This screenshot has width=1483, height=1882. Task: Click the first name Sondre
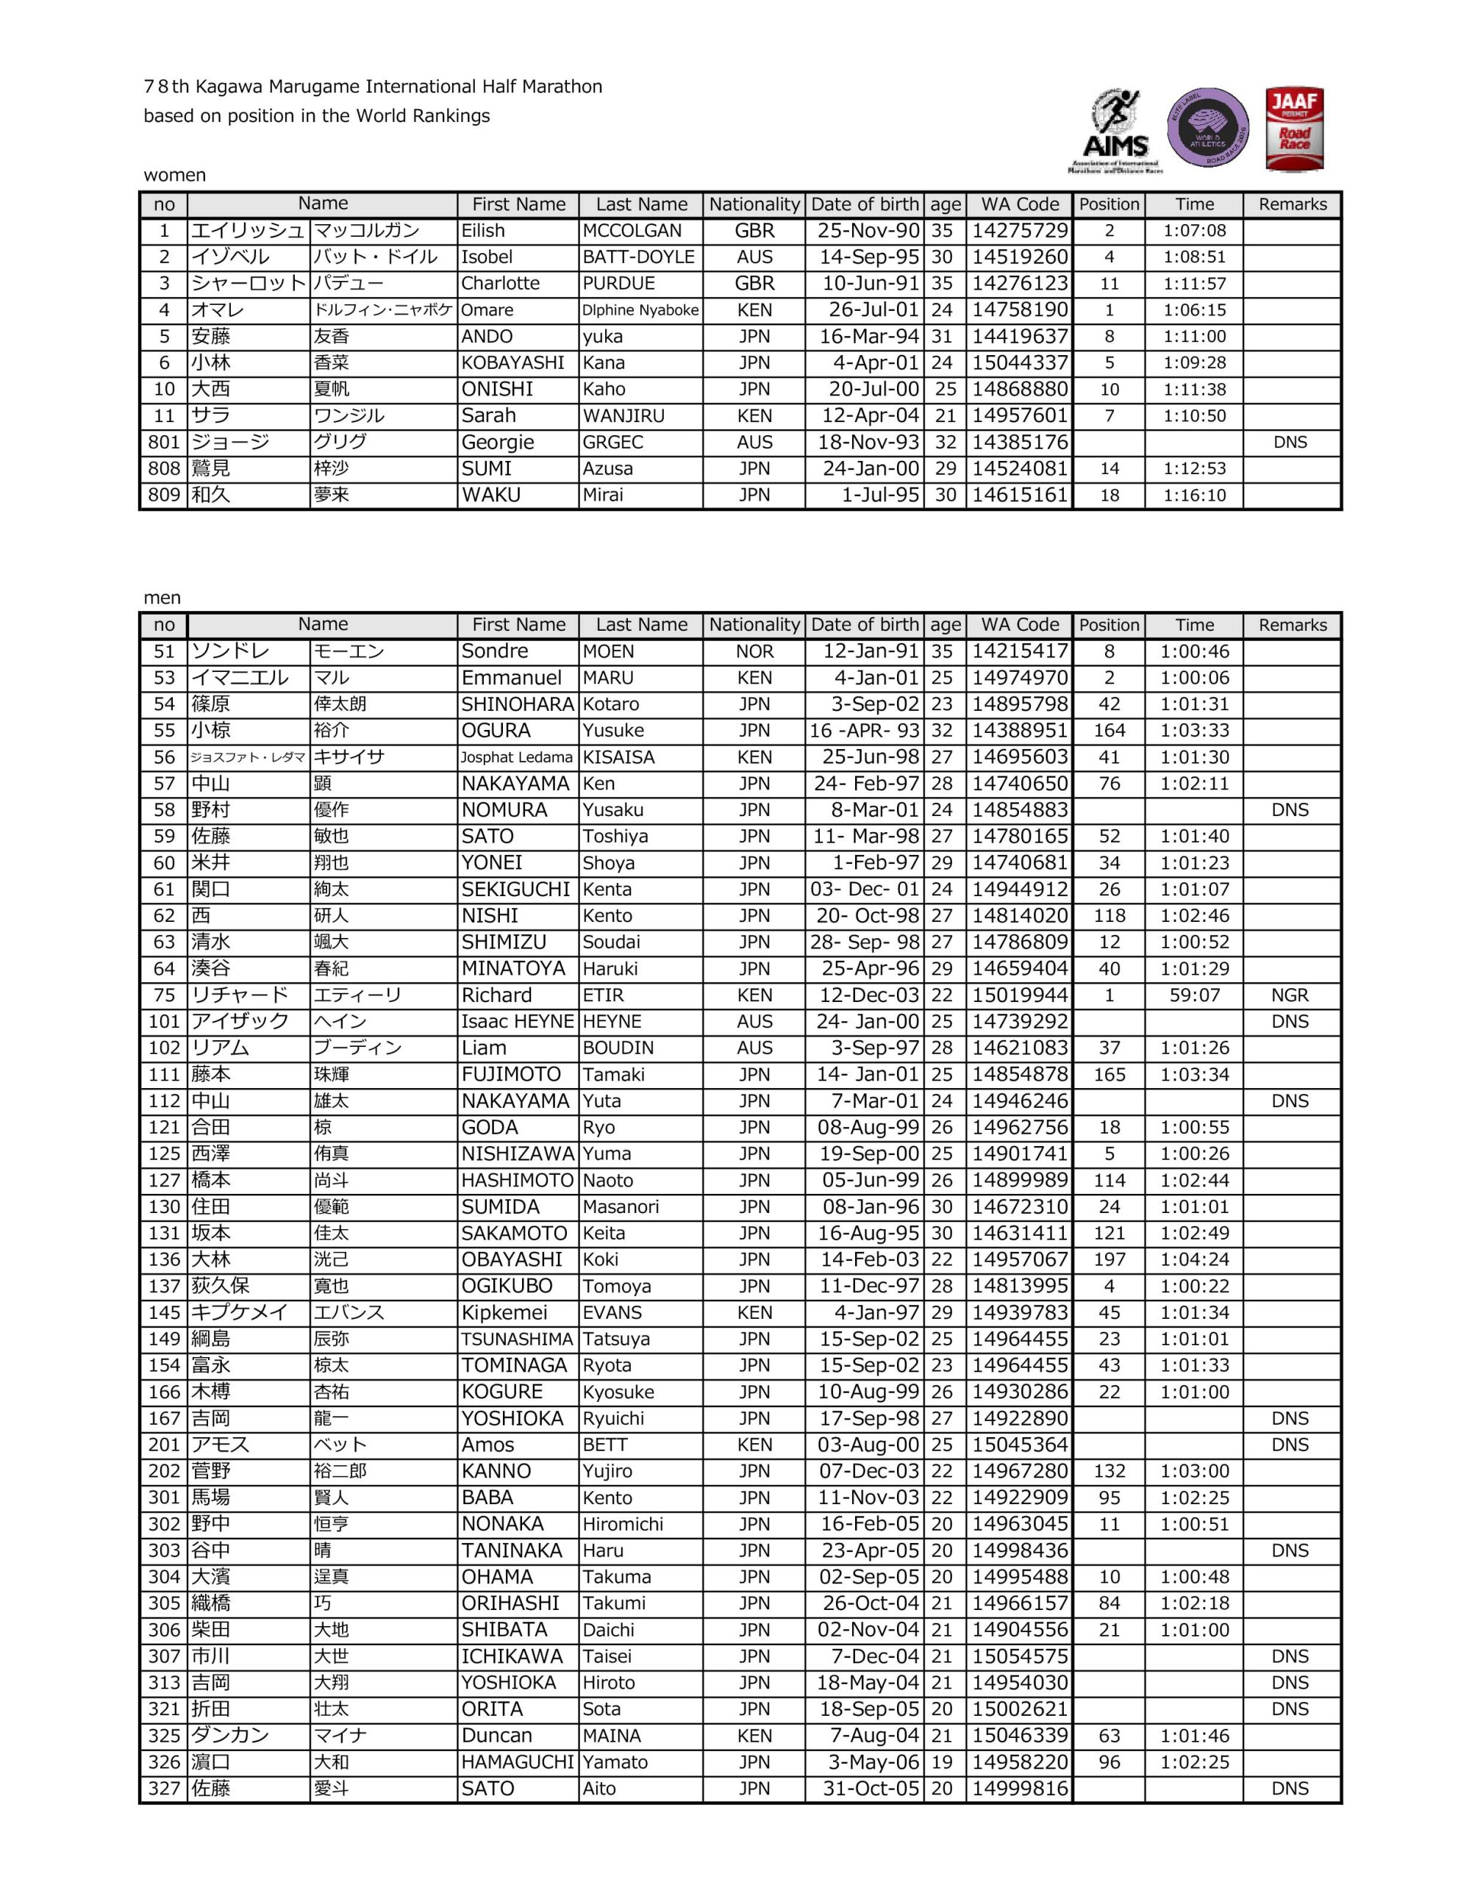[x=494, y=651]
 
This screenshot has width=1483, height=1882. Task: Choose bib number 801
[x=163, y=442]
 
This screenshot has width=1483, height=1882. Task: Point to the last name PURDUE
[x=618, y=283]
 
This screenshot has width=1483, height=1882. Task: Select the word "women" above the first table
[x=174, y=176]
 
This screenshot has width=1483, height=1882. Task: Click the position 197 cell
[x=1109, y=1259]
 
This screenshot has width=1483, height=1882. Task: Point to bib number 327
[x=163, y=1788]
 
